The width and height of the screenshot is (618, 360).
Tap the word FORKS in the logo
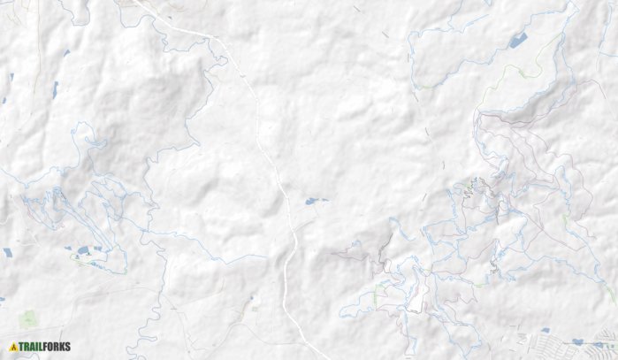click(x=57, y=347)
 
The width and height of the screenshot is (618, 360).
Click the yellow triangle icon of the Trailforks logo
click(x=13, y=347)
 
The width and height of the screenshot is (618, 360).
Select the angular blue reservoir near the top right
click(x=517, y=40)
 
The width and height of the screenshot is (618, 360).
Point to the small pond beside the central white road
click(x=312, y=202)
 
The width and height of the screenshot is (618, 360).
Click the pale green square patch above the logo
click(x=29, y=318)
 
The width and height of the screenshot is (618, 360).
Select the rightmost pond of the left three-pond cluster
click(x=97, y=248)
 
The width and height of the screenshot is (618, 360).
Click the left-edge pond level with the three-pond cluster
click(x=8, y=252)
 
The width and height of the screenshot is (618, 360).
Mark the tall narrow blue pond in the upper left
click(x=55, y=88)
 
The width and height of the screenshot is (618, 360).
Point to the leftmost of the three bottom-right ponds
click(x=546, y=330)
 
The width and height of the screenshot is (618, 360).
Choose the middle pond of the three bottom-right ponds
click(x=578, y=341)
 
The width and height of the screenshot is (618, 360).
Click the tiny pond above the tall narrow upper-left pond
click(x=66, y=53)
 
